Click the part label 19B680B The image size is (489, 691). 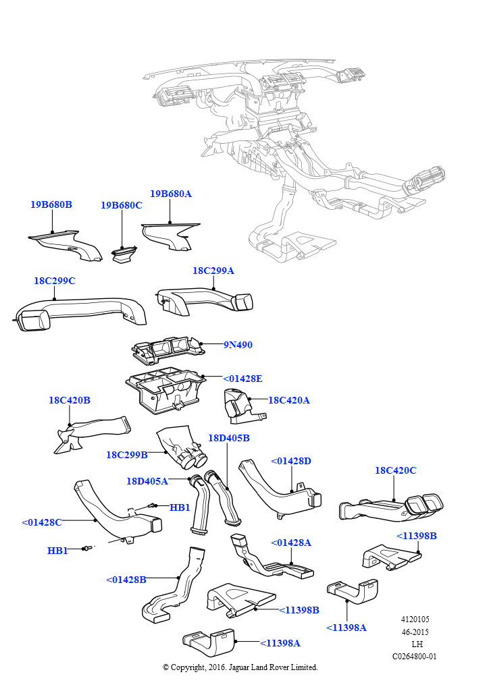pyautogui.click(x=51, y=204)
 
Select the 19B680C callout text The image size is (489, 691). pyautogui.click(x=122, y=205)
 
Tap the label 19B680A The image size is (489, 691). pyautogui.click(x=171, y=194)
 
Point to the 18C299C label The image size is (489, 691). pyautogui.click(x=54, y=281)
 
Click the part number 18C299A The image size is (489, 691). pyautogui.click(x=213, y=271)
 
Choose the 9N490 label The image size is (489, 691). pyautogui.click(x=238, y=345)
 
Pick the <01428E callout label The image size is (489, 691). pyautogui.click(x=242, y=379)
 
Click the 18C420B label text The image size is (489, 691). pyautogui.click(x=69, y=400)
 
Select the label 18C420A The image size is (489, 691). pyautogui.click(x=289, y=400)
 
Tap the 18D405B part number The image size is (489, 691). pyautogui.click(x=229, y=438)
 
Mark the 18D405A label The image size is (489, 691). pyautogui.click(x=147, y=481)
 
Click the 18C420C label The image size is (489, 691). pyautogui.click(x=396, y=470)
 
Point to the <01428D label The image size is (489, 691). pyautogui.click(x=291, y=461)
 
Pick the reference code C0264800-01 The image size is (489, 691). pyautogui.click(x=415, y=656)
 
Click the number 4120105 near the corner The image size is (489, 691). pyautogui.click(x=415, y=619)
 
